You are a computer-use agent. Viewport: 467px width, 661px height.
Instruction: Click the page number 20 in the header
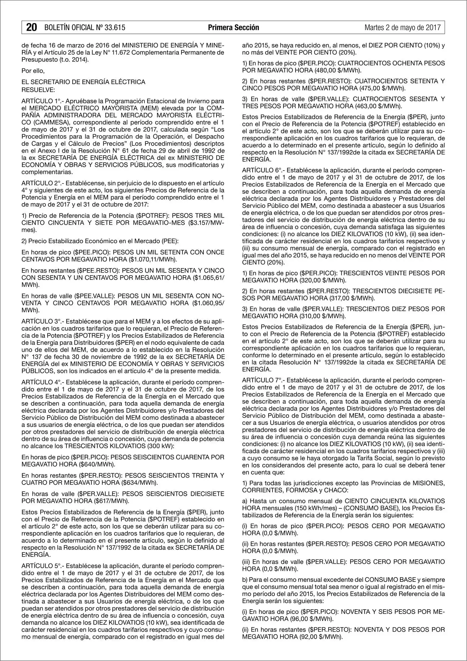click(31, 27)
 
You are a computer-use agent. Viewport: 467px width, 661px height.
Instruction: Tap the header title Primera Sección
click(233, 27)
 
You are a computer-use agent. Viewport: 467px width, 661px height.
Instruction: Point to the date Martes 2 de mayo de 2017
click(403, 27)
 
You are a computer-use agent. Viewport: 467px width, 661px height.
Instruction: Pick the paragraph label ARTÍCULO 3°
click(41, 321)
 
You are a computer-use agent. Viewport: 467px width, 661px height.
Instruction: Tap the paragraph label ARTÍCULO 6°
click(262, 170)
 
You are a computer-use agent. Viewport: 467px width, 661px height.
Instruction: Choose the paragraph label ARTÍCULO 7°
click(262, 380)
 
